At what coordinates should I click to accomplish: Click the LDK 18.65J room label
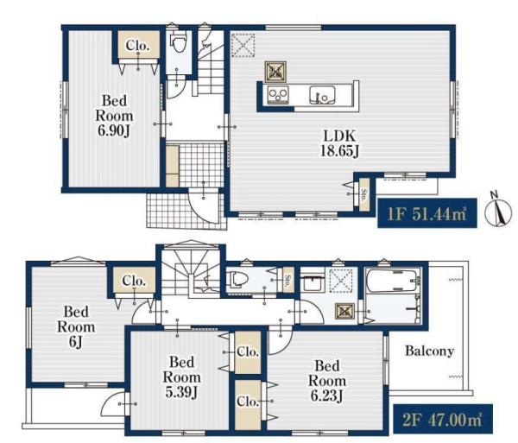coord(339,143)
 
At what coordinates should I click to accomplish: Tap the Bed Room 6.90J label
coord(114,116)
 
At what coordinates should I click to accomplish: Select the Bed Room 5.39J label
coord(181,377)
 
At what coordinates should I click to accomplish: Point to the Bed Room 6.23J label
coord(327,381)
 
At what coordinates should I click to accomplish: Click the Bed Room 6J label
coord(76,326)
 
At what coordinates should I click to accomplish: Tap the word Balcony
coord(429,351)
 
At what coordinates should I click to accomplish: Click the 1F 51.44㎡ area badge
coord(427,213)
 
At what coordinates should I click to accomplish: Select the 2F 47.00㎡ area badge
coord(443,419)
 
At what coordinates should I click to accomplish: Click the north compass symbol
coord(498,210)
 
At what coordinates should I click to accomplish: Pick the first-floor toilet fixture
coord(179,42)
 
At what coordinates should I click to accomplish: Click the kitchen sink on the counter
coord(322,95)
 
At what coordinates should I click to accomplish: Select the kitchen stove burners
coord(278,95)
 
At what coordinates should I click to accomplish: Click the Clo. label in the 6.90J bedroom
coord(136,46)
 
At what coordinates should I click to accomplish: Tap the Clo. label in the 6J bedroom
coord(134,281)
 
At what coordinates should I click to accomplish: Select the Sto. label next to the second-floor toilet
coord(288,278)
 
